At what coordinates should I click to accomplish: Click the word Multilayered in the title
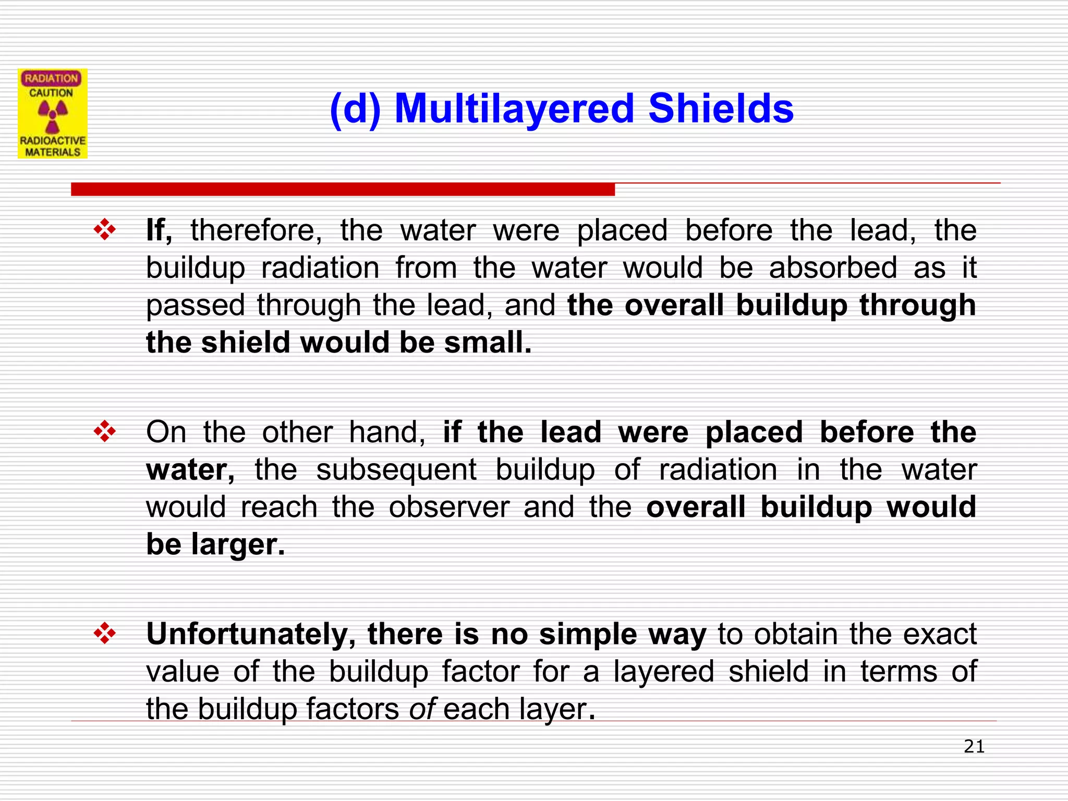click(x=514, y=108)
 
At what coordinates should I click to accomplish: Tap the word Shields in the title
click(x=721, y=108)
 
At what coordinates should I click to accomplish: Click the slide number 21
click(x=974, y=747)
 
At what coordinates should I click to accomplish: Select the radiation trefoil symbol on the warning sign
click(x=52, y=116)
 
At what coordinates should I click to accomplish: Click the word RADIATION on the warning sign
click(x=51, y=78)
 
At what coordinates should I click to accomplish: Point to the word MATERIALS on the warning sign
click(x=53, y=152)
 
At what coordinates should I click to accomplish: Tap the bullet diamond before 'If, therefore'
click(x=105, y=230)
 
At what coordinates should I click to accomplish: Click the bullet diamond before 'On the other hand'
click(x=105, y=432)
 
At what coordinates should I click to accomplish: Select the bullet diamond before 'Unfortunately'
click(x=105, y=634)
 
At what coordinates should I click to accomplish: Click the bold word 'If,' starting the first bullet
click(x=159, y=230)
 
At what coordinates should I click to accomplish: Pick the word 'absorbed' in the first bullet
click(x=833, y=268)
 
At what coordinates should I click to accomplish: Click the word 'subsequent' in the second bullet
click(x=396, y=470)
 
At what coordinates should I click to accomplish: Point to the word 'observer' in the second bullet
click(x=449, y=507)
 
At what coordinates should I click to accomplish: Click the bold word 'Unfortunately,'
click(x=251, y=634)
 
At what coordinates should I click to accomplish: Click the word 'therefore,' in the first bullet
click(x=256, y=230)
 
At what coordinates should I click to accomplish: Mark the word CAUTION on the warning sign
click(x=51, y=93)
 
